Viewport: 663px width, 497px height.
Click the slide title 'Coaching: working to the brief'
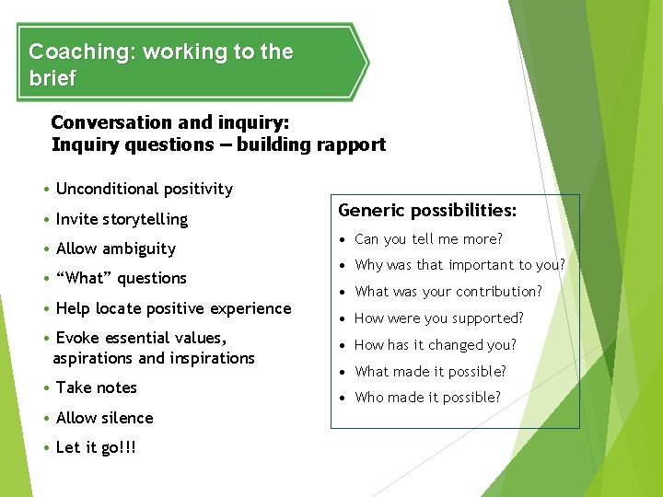pyautogui.click(x=161, y=64)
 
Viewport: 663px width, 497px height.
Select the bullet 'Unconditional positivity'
pyautogui.click(x=144, y=189)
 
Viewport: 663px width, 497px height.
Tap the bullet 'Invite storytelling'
pyautogui.click(x=122, y=219)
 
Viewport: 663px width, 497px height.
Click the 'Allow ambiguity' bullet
pyautogui.click(x=115, y=248)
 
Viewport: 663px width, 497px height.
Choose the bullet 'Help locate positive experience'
pyautogui.click(x=173, y=308)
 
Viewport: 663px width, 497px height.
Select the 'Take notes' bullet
pyautogui.click(x=96, y=387)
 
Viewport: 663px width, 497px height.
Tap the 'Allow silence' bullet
pyautogui.click(x=104, y=418)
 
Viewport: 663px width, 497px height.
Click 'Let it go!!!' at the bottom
pyautogui.click(x=96, y=447)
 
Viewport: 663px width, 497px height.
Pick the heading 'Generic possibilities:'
pyautogui.click(x=427, y=211)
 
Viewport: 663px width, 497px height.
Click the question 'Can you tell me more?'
pyautogui.click(x=428, y=239)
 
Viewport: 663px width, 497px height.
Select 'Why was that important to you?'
pyautogui.click(x=459, y=265)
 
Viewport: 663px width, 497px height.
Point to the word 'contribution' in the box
pyautogui.click(x=497, y=292)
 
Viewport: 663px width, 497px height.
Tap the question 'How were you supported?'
pyautogui.click(x=438, y=318)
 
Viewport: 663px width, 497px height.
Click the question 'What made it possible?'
pyautogui.click(x=430, y=372)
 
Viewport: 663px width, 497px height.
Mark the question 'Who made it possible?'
pyautogui.click(x=427, y=398)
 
